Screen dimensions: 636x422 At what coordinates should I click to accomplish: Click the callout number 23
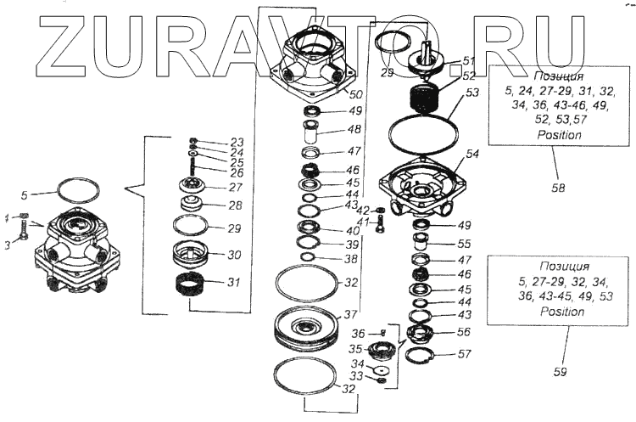coord(237,143)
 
